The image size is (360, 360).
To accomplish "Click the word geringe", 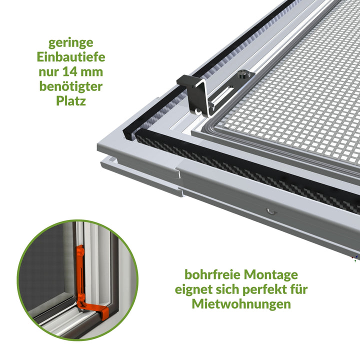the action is (70, 43).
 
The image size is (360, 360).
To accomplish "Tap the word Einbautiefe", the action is (71, 57).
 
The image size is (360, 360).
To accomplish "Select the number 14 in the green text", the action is (69, 72).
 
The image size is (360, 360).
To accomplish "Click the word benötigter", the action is (71, 86).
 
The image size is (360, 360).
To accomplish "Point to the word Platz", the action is (71, 101).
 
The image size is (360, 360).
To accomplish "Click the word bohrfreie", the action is (212, 274).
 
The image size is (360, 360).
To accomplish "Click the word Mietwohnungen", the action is (241, 304).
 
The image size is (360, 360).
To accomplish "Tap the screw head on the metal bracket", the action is (242, 74).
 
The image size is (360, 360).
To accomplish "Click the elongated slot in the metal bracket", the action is (223, 94).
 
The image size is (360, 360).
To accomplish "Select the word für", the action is (298, 289).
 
